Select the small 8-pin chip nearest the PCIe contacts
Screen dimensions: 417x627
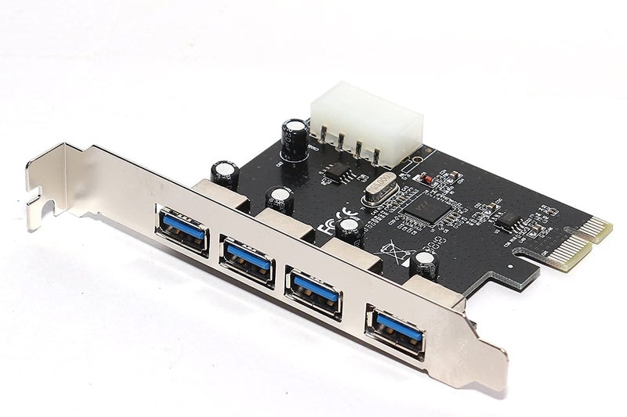(510, 220)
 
